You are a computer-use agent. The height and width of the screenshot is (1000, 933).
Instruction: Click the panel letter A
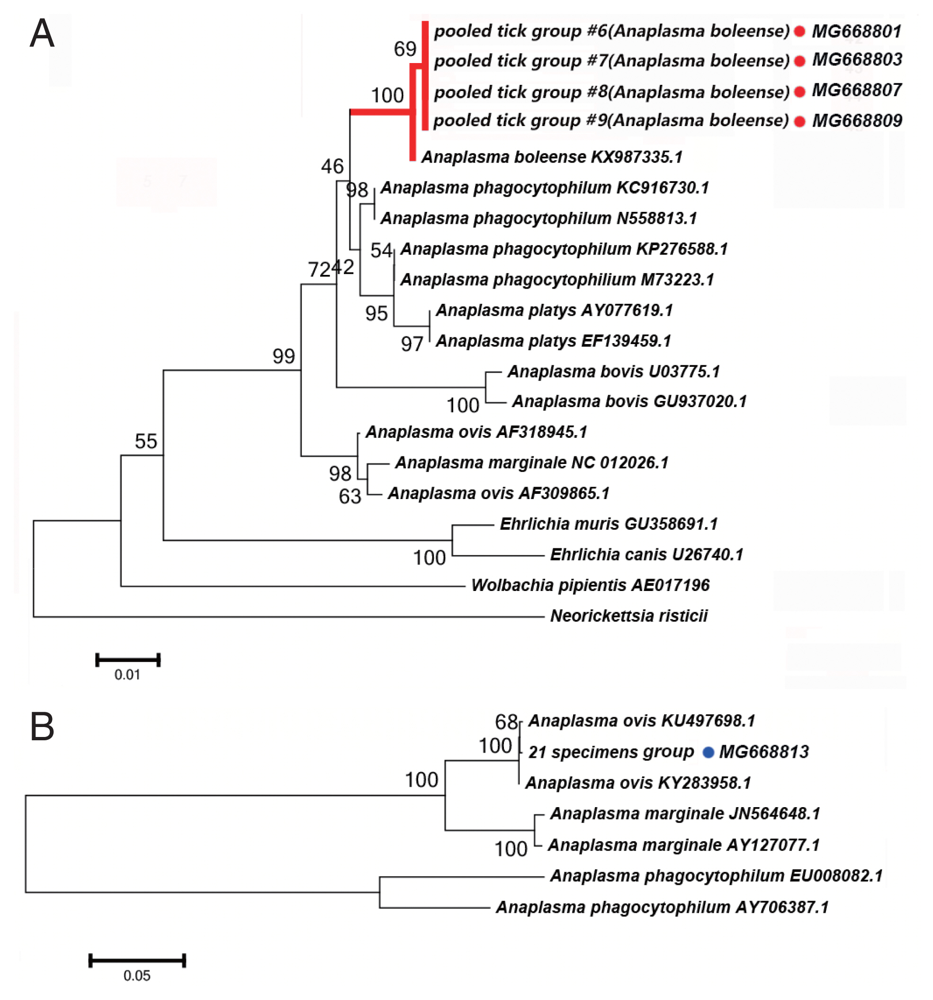42,34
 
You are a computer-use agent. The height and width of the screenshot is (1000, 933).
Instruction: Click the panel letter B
42,727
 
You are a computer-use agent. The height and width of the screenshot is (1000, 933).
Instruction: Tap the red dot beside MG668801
800,32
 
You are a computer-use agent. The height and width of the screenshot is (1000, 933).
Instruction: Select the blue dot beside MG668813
709,753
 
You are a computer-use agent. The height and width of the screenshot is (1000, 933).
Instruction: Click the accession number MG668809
857,121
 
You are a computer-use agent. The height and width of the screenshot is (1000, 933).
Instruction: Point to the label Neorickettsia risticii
629,616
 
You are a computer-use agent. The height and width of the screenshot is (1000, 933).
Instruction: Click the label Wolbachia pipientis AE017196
590,585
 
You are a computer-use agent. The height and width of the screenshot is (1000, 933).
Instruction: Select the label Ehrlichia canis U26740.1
646,555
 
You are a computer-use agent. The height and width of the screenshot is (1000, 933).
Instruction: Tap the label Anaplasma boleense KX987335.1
552,157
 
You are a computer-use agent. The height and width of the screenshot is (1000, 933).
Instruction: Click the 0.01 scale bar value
127,675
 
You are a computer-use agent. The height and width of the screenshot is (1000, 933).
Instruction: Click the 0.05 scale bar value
137,976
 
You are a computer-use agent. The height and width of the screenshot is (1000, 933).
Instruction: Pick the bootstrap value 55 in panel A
146,442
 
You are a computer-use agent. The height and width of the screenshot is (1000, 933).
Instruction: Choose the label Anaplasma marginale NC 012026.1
532,463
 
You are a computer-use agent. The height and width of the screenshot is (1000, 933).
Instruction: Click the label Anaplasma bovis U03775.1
614,372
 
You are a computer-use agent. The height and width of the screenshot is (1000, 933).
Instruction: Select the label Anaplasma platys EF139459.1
554,341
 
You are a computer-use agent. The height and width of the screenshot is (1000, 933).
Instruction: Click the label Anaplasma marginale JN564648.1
685,814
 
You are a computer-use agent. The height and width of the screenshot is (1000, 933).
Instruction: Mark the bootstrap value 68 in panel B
506,722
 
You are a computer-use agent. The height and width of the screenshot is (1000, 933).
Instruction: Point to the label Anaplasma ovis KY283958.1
638,783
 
